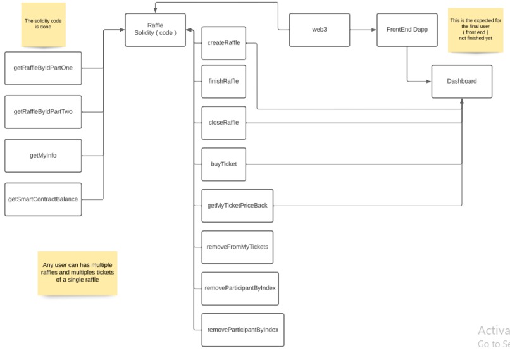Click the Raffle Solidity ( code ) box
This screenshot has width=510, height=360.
[155, 30]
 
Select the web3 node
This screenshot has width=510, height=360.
[319, 30]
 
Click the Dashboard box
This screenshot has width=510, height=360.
[461, 82]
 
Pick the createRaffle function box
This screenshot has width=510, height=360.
[223, 43]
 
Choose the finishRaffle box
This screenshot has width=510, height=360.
[223, 81]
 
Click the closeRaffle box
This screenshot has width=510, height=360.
[223, 123]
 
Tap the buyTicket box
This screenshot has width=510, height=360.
[223, 164]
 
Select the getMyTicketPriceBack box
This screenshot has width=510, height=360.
[237, 206]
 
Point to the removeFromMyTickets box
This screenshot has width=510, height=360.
[237, 247]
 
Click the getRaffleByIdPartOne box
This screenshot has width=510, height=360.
[43, 68]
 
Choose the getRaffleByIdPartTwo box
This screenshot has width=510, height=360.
[43, 112]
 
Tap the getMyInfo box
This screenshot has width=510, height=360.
[43, 156]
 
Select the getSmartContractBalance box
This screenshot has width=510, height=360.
[43, 199]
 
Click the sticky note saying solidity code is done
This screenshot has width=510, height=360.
[43, 25]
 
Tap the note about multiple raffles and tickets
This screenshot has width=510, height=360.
[77, 273]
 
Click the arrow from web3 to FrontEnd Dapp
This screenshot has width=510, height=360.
[362, 30]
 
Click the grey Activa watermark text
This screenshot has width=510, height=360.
[494, 330]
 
